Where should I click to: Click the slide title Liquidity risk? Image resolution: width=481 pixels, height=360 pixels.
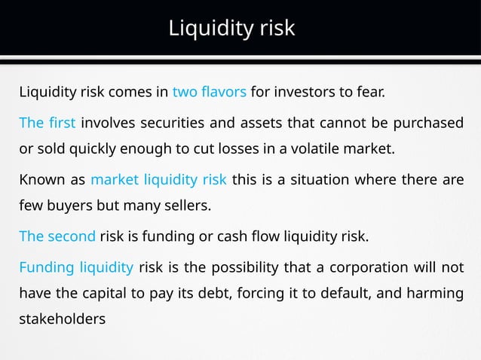(231, 29)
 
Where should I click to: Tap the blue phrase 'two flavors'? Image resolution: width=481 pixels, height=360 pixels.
(209, 94)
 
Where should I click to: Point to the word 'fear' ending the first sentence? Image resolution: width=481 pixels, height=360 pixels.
(371, 94)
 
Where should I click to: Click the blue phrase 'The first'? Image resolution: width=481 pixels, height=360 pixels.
(47, 123)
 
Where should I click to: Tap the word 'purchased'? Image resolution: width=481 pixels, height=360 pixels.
(431, 123)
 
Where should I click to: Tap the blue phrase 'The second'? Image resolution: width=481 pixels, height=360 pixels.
(57, 236)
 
